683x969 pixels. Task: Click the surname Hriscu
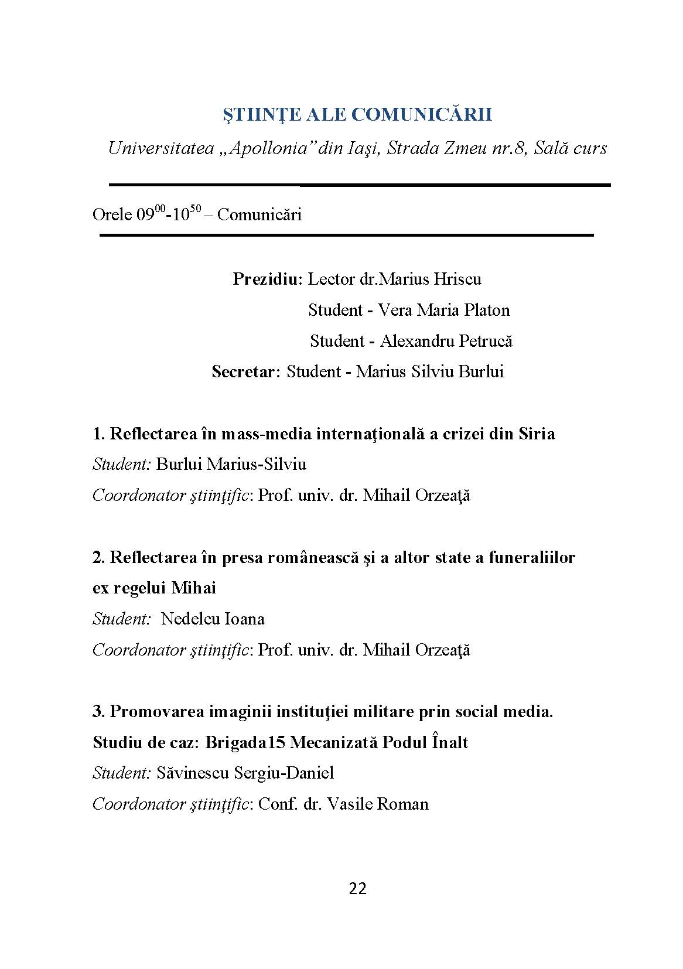pyautogui.click(x=457, y=279)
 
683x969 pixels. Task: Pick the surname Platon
pyautogui.click(x=486, y=310)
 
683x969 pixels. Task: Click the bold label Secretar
pyautogui.click(x=245, y=372)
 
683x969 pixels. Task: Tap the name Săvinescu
pyautogui.click(x=193, y=773)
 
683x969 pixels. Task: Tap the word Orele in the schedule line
pyautogui.click(x=112, y=215)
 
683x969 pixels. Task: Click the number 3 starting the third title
pyautogui.click(x=97, y=712)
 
